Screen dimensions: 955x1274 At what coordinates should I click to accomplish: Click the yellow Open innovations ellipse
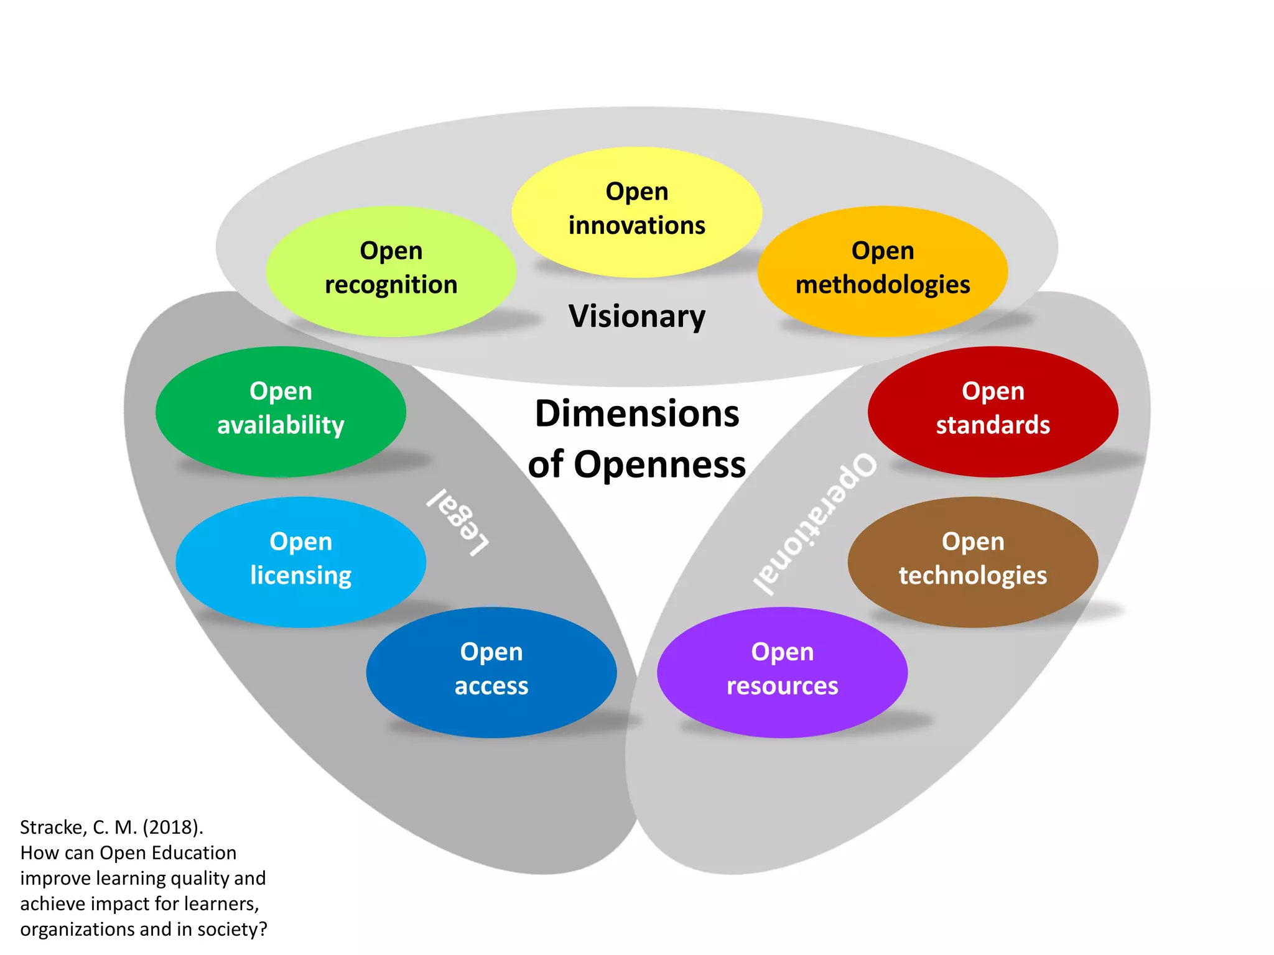636,211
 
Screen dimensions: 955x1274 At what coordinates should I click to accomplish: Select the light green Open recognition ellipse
391,271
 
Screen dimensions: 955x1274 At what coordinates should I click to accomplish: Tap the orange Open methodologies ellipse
882,271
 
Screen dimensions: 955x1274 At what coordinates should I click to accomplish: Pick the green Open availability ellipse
281,411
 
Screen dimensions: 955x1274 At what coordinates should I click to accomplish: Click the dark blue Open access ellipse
491,672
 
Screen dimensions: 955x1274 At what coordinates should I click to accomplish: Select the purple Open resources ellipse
782,672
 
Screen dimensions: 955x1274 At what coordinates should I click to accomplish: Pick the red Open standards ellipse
993,411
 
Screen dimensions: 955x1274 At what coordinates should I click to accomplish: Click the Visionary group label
637,316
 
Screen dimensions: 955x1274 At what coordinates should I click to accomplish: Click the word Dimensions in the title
637,414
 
